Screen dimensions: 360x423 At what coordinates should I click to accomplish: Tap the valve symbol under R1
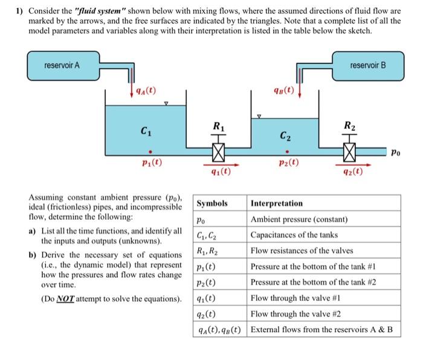coord(219,150)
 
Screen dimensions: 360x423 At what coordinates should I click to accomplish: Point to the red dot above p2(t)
coord(286,152)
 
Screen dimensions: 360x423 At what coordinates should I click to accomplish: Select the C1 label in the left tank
coord(145,130)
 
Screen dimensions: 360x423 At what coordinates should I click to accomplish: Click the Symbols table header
coord(213,204)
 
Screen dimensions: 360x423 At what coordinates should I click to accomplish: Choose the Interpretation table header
coord(277,204)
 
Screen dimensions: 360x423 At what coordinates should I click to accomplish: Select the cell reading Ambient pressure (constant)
coord(299,219)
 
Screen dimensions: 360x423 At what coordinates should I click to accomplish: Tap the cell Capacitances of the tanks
coord(294,234)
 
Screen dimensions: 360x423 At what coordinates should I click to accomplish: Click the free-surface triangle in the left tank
coord(166,103)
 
